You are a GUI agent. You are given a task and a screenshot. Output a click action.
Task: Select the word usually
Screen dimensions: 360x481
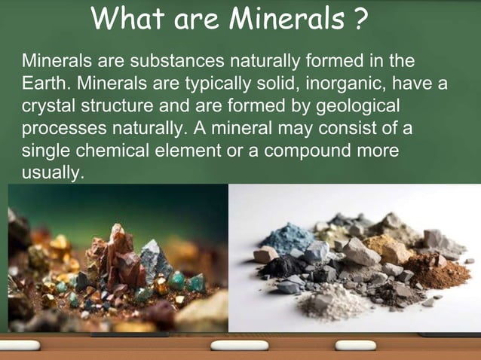[51, 172]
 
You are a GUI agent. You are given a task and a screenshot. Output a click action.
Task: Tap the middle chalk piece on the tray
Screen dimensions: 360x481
[231, 346]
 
